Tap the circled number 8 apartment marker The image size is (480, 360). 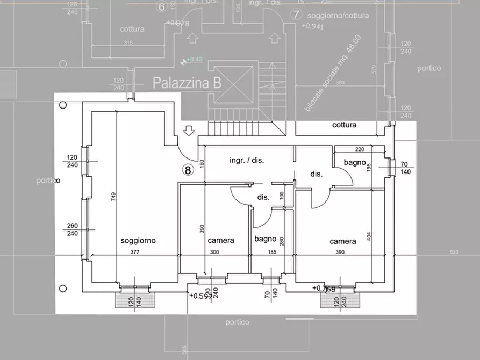click(187, 170)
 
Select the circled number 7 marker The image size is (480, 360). click(295, 15)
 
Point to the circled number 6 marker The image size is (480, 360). click(161, 6)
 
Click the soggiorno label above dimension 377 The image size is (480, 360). click(138, 241)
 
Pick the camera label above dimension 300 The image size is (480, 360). click(221, 240)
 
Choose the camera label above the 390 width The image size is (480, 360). click(342, 241)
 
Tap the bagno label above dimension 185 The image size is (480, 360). click(266, 239)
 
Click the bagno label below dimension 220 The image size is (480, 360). click(355, 162)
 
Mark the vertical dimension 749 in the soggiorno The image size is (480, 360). click(113, 197)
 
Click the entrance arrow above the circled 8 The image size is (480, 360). click(188, 131)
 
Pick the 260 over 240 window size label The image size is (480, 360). click(73, 229)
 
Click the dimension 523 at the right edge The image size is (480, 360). click(454, 253)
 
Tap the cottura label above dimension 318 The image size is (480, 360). click(132, 29)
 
